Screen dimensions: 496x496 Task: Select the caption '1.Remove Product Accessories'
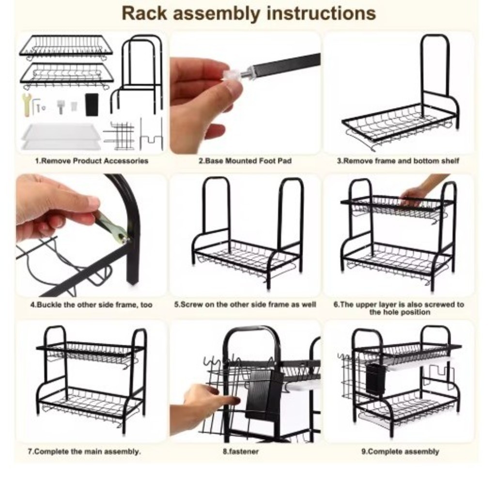[92, 161]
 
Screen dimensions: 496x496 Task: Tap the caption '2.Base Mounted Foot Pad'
[245, 161]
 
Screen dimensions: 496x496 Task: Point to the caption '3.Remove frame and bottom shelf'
[398, 161]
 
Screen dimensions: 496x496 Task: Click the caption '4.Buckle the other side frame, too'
[92, 305]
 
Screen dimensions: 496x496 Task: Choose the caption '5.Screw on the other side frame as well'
[245, 304]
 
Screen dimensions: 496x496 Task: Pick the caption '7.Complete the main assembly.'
[84, 451]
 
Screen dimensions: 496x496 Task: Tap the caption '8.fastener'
[241, 451]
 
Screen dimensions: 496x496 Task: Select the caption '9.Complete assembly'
[400, 451]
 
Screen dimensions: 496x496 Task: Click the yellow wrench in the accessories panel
[26, 105]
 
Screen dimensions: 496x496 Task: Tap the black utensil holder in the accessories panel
[92, 105]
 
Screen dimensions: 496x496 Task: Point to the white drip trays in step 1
[62, 137]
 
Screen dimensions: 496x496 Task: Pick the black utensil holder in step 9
[376, 378]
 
